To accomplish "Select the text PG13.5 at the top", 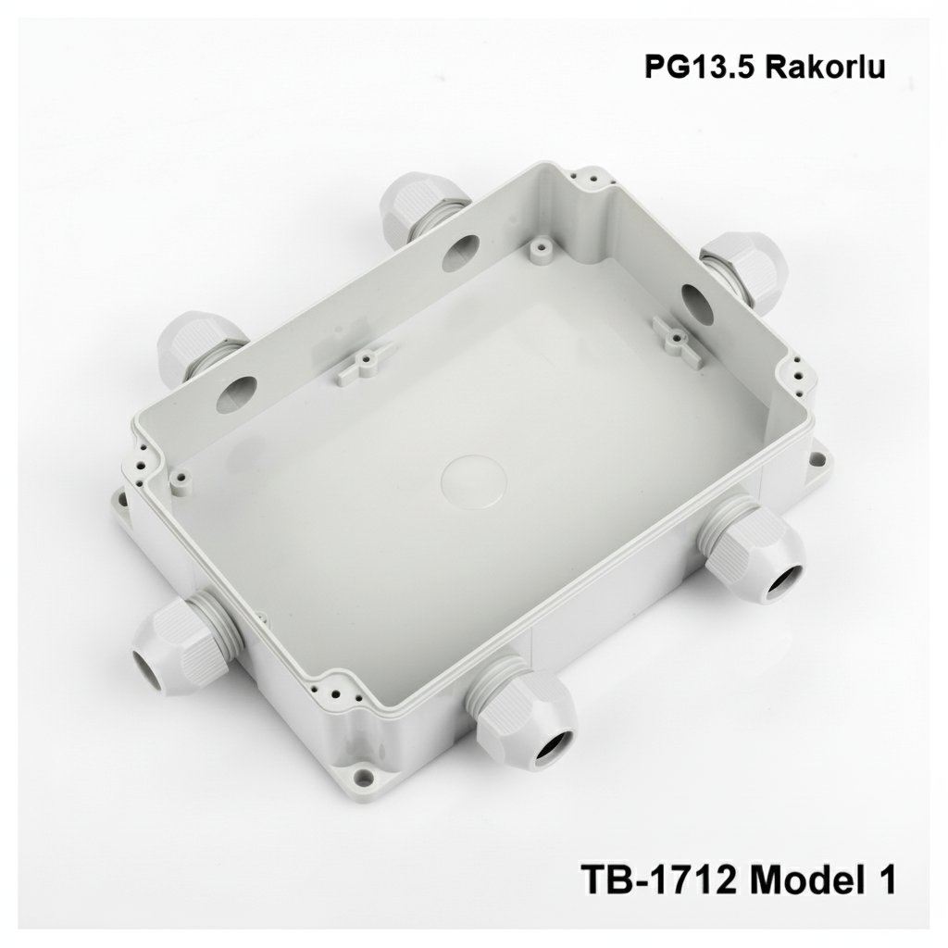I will click(686, 68).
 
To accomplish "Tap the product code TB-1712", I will click(658, 878).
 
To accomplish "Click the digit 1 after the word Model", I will click(884, 878).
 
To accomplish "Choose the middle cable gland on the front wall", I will click(523, 708).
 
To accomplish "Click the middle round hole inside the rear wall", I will click(460, 251).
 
